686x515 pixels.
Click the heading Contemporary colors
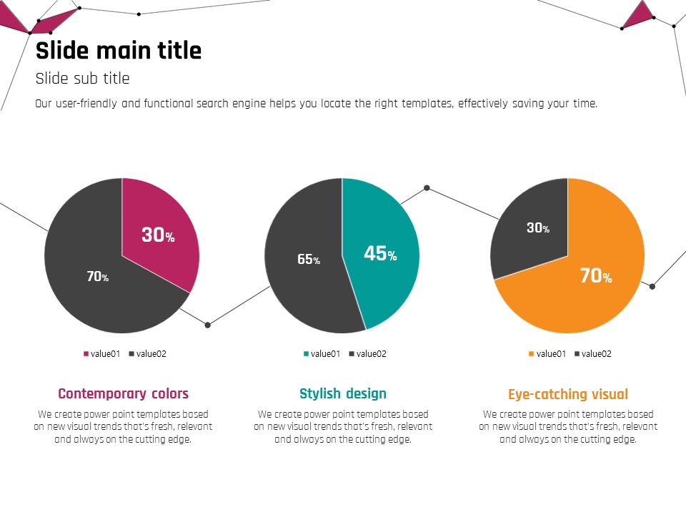click(x=123, y=393)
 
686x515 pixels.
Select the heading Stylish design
click(x=343, y=393)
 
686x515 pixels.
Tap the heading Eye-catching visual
click(x=568, y=394)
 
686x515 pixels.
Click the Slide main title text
click(x=119, y=51)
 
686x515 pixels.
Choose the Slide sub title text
click(x=83, y=79)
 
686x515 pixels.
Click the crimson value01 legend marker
click(x=86, y=354)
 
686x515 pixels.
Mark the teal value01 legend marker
click(x=307, y=354)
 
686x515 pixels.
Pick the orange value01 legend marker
click(x=532, y=354)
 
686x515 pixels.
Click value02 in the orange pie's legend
click(x=596, y=354)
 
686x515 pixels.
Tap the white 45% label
click(x=380, y=253)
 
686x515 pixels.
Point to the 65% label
click(x=309, y=260)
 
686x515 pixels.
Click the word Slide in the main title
click(x=61, y=51)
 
